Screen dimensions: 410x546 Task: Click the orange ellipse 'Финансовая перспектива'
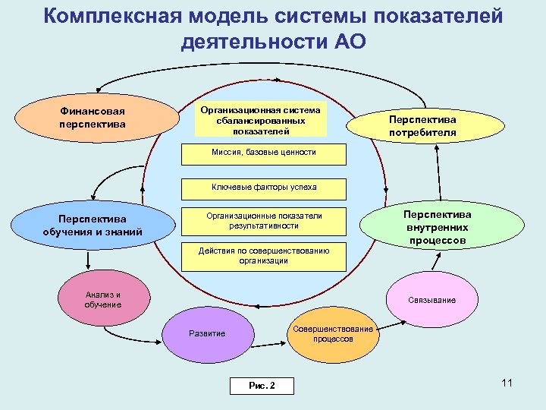click(x=92, y=118)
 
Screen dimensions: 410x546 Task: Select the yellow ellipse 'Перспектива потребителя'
click(x=422, y=126)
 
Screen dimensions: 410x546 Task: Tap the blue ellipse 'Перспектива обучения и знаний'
click(x=93, y=225)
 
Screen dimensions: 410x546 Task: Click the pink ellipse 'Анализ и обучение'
click(x=103, y=300)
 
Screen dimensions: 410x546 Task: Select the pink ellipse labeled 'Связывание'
click(x=431, y=300)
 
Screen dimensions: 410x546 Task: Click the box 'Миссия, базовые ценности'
click(x=263, y=153)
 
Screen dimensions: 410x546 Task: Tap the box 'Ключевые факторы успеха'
click(x=263, y=188)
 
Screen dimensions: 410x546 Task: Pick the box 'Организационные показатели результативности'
click(x=263, y=221)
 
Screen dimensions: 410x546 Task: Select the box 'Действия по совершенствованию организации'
click(x=263, y=256)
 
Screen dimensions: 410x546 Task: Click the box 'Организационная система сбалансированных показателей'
click(x=261, y=120)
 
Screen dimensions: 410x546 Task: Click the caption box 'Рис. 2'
click(x=262, y=386)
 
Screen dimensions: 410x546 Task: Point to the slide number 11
click(x=507, y=383)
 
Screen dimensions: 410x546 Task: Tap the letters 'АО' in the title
click(x=349, y=41)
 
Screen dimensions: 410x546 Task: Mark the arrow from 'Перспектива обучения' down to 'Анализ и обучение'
click(x=89, y=260)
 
